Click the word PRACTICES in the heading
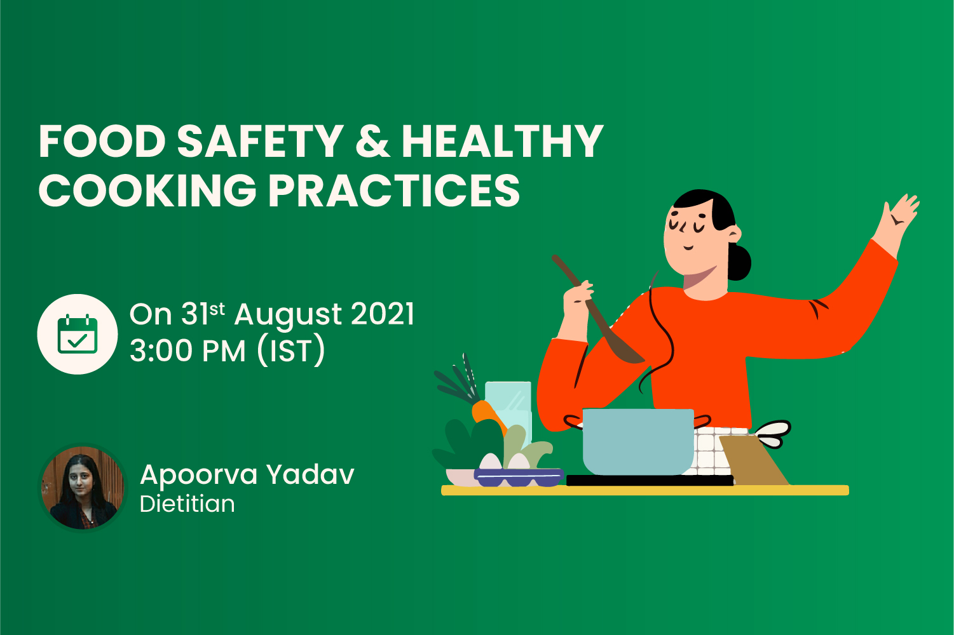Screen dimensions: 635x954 [x=394, y=190]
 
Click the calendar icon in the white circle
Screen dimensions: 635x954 [x=78, y=334]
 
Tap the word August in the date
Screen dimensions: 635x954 [x=288, y=315]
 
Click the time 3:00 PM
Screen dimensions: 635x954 [x=187, y=351]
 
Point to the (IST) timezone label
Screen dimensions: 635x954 [x=291, y=351]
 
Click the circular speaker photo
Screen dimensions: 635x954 [x=83, y=488]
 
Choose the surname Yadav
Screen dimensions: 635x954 [x=310, y=475]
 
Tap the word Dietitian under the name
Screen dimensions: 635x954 [x=187, y=504]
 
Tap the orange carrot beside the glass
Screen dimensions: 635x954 [x=487, y=413]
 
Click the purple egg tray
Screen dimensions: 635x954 [x=519, y=477]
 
